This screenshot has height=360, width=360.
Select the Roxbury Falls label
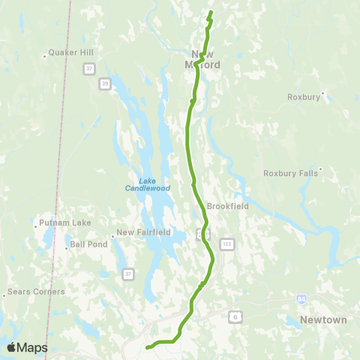click(x=291, y=173)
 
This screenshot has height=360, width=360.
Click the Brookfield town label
click(x=227, y=205)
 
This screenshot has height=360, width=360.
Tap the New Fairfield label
click(x=142, y=232)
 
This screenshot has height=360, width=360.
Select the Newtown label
click(x=323, y=319)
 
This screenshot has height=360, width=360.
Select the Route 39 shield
click(x=105, y=82)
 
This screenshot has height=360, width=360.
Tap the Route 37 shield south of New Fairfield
click(x=129, y=273)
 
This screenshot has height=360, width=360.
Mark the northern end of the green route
click(x=211, y=12)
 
